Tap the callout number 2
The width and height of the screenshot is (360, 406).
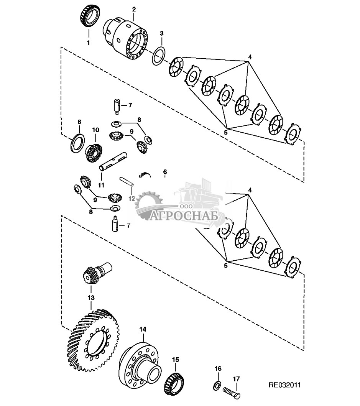134,8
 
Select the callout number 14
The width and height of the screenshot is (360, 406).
143,329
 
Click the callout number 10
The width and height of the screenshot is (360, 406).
95,130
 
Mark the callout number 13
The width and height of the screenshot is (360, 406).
91,297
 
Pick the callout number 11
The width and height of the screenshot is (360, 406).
101,185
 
